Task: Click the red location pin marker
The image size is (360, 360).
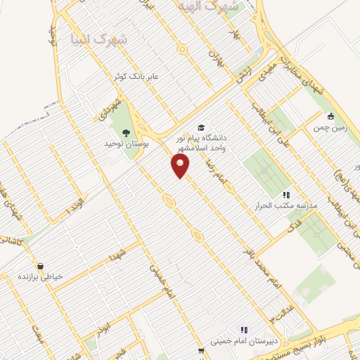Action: (x=181, y=165)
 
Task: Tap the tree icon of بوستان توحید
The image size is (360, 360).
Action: (x=127, y=132)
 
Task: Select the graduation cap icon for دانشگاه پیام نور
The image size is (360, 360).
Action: (x=202, y=127)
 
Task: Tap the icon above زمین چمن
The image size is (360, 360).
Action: (x=330, y=117)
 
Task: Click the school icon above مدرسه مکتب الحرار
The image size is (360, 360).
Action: (x=285, y=194)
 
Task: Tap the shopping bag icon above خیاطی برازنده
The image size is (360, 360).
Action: (x=41, y=266)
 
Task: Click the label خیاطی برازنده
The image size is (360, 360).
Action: (x=41, y=277)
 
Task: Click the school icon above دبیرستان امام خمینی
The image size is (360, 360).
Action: (x=244, y=329)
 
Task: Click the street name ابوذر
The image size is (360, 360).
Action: (x=103, y=329)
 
